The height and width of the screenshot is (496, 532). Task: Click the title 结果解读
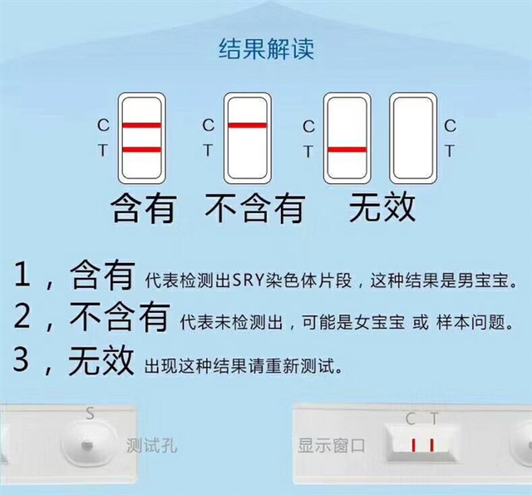(266, 49)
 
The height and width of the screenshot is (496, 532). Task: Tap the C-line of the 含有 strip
(141, 126)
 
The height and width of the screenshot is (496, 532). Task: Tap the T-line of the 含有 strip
(141, 150)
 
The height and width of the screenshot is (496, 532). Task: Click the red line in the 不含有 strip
(248, 126)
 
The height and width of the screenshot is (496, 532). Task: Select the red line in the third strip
(347, 150)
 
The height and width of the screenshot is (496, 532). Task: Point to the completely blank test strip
(413, 138)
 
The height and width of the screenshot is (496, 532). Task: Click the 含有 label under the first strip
(143, 208)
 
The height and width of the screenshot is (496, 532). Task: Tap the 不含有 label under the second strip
(255, 208)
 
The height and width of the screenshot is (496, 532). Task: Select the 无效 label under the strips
(382, 207)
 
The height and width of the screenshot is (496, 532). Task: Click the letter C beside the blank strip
(450, 126)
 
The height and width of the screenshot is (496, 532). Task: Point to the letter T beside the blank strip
(450, 151)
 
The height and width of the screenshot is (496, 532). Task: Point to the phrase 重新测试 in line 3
(300, 365)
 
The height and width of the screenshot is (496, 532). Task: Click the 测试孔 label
(151, 444)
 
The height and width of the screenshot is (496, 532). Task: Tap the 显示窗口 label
(331, 445)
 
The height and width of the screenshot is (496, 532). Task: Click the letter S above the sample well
(90, 414)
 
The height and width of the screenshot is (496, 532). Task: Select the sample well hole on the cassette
(86, 445)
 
